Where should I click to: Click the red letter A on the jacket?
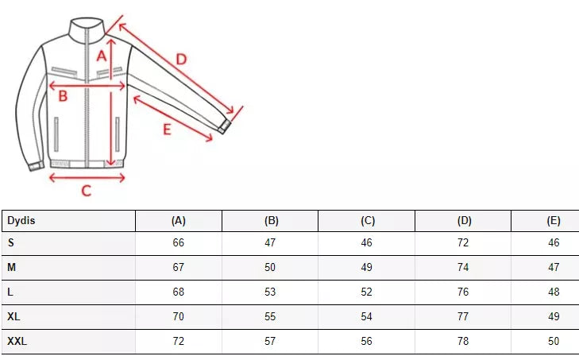(102, 56)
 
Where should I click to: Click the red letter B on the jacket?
(63, 96)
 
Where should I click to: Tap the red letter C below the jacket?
(86, 191)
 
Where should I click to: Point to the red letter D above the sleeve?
(181, 59)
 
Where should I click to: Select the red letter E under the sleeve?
(168, 130)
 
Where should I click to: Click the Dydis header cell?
(21, 221)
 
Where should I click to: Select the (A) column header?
(179, 221)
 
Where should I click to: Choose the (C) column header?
(368, 221)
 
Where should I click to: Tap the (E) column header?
(554, 221)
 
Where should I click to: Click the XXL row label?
(17, 341)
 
